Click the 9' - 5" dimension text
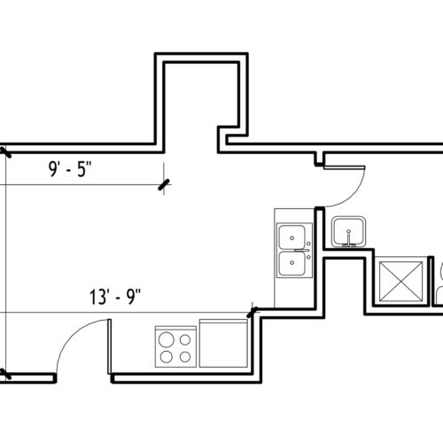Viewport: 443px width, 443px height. [70, 169]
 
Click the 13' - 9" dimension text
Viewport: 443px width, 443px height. [115, 297]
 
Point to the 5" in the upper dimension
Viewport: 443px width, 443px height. [85, 169]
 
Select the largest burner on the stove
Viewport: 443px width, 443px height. [167, 339]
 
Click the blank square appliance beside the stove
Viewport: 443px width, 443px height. [223, 343]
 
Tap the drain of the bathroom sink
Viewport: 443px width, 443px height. [348, 231]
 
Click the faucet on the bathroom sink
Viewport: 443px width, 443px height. [348, 241]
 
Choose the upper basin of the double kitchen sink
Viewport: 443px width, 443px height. [292, 237]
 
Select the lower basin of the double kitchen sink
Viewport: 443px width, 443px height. [292, 263]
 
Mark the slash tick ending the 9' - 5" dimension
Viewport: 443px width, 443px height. [164, 185]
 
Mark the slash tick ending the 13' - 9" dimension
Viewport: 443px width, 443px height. [252, 312]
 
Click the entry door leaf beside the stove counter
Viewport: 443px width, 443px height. [109, 346]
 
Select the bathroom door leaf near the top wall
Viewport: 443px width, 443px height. [345, 167]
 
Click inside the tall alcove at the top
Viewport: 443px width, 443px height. [201, 97]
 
